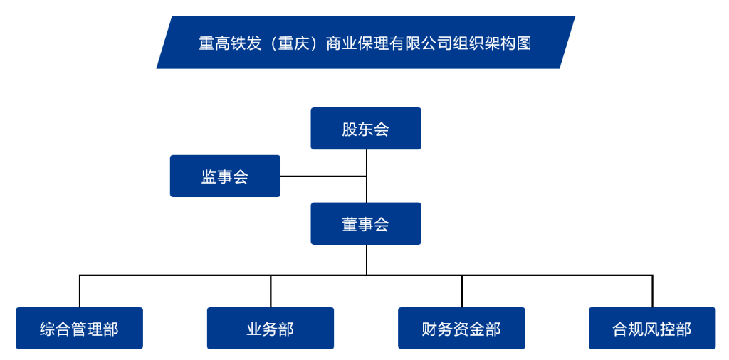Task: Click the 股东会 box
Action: pyautogui.click(x=366, y=129)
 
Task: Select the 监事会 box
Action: pyautogui.click(x=225, y=176)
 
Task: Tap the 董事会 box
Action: pyautogui.click(x=366, y=224)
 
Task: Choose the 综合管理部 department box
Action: pyautogui.click(x=79, y=329)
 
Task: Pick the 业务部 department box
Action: pyautogui.click(x=271, y=329)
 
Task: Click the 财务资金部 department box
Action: pyautogui.click(x=461, y=329)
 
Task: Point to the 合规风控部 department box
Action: pyautogui.click(x=652, y=329)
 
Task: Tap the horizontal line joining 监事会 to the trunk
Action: pyautogui.click(x=323, y=176)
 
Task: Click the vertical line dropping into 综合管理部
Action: pyautogui.click(x=80, y=292)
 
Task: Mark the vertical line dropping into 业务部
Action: pyautogui.click(x=271, y=292)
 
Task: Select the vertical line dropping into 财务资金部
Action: pyautogui.click(x=461, y=292)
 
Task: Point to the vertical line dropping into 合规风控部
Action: pyautogui.click(x=652, y=292)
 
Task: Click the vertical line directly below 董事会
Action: pyautogui.click(x=367, y=260)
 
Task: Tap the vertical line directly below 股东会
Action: pyautogui.click(x=367, y=162)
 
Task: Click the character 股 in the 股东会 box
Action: pyautogui.click(x=350, y=129)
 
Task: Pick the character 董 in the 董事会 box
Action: pyautogui.click(x=350, y=224)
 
